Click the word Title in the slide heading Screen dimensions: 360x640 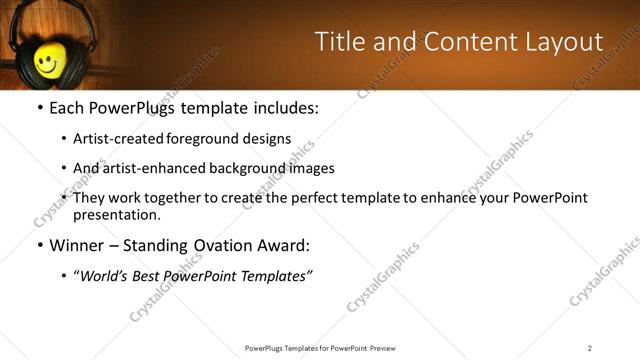coord(338,42)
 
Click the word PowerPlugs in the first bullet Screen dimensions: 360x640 coord(133,108)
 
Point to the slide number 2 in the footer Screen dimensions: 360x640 coord(590,347)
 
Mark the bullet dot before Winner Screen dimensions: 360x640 coord(39,246)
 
